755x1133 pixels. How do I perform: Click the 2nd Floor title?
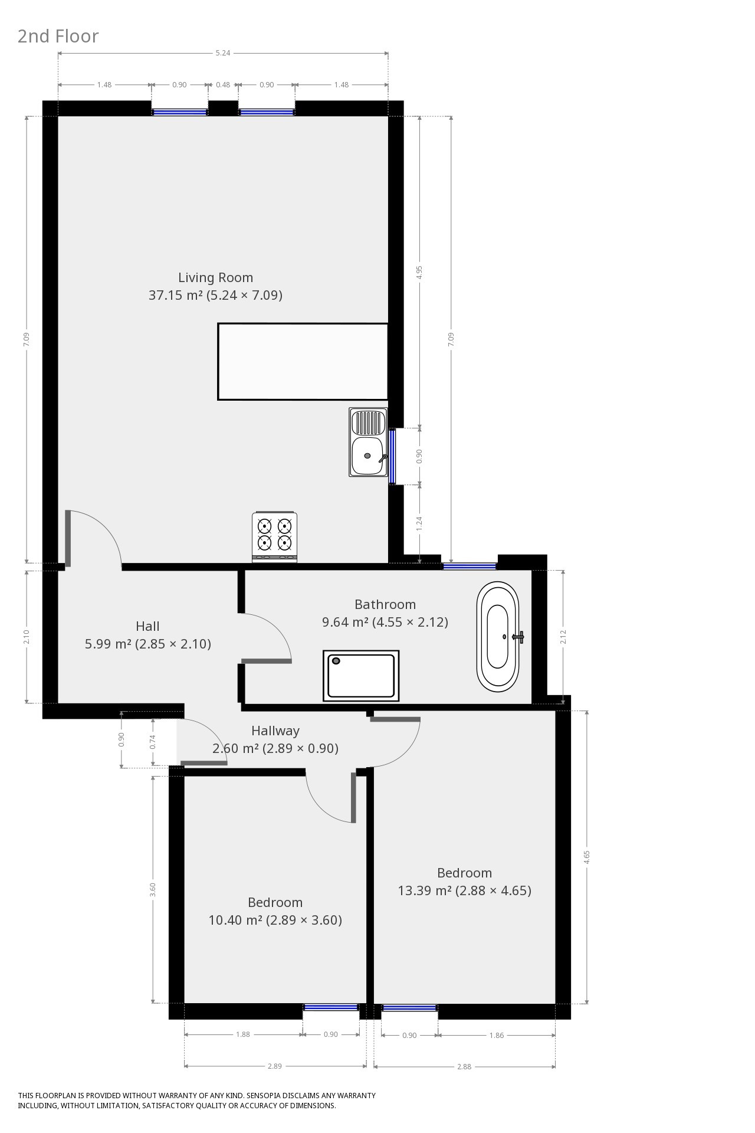[x=58, y=36]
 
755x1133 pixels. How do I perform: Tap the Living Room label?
[x=215, y=277]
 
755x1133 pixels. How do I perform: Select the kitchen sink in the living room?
[x=368, y=442]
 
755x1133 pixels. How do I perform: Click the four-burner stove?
[x=274, y=536]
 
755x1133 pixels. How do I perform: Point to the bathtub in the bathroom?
[x=498, y=637]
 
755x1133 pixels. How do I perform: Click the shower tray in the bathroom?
[x=361, y=676]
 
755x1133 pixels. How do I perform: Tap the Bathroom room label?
[x=385, y=604]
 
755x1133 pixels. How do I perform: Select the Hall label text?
[x=147, y=626]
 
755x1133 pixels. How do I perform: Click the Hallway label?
[x=275, y=731]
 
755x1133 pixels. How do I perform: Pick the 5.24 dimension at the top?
[x=223, y=53]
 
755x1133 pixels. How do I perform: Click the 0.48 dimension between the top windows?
[x=223, y=84]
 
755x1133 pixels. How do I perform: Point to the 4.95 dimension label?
[x=419, y=272]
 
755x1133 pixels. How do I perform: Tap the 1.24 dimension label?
[x=419, y=523]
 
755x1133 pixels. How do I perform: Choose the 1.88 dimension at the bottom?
[x=243, y=1034]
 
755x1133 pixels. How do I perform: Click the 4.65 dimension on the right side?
[x=586, y=857]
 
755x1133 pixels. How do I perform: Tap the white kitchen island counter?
[x=303, y=362]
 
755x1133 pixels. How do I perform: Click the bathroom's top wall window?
[x=470, y=566]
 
